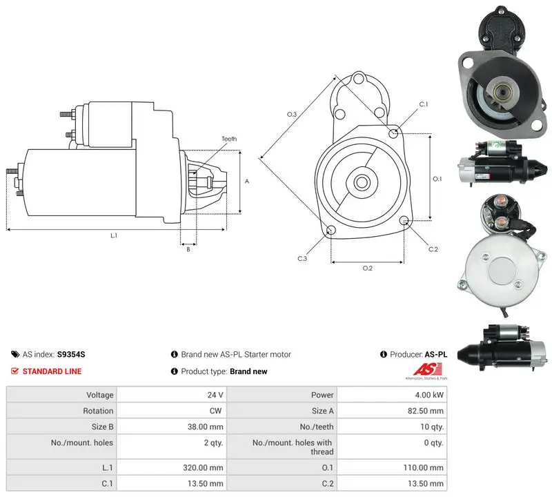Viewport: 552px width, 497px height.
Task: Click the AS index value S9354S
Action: point(71,354)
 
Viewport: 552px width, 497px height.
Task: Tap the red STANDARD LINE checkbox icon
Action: point(14,371)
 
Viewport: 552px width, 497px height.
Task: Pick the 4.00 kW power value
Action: point(429,395)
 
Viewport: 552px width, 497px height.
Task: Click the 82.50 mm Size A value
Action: point(426,411)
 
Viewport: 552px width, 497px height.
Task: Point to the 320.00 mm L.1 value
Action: point(203,467)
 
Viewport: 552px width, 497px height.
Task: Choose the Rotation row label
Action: point(98,411)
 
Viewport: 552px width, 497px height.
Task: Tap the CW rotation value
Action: point(215,411)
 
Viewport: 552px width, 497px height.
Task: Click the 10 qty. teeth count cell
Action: point(432,427)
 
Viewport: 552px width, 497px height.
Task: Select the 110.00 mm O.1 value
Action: point(424,467)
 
